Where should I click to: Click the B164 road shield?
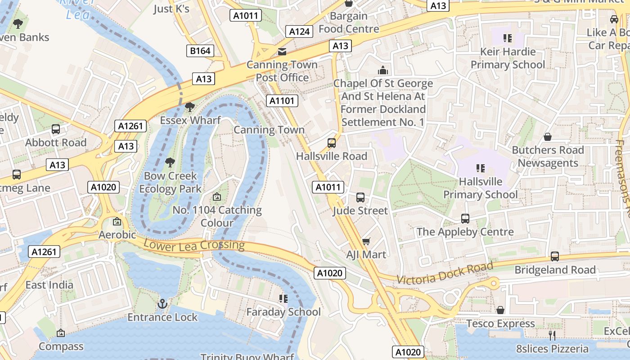click(x=200, y=51)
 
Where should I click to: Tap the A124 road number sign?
click(x=299, y=31)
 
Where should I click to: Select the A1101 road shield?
click(x=282, y=101)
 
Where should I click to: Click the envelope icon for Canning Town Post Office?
click(x=282, y=52)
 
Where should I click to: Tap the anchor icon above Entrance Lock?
click(x=162, y=304)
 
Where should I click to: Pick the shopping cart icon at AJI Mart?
click(x=366, y=242)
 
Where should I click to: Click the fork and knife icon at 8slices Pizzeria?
click(x=552, y=335)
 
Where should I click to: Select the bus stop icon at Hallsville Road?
click(x=332, y=143)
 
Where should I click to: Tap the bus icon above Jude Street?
click(x=360, y=198)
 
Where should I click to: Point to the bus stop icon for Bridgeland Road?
click(x=555, y=256)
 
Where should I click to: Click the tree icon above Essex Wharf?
click(x=190, y=107)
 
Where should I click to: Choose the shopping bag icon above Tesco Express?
click(x=500, y=310)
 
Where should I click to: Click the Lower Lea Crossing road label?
click(x=194, y=245)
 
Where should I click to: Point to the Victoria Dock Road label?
click(x=445, y=273)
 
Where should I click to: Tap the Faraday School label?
click(x=283, y=312)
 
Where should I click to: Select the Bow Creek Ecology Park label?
click(x=170, y=182)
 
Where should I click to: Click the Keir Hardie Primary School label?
click(x=508, y=58)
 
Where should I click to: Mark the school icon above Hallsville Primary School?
click(x=481, y=168)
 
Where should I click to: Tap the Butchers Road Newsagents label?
click(x=548, y=156)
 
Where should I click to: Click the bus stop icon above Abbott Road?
click(x=56, y=129)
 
